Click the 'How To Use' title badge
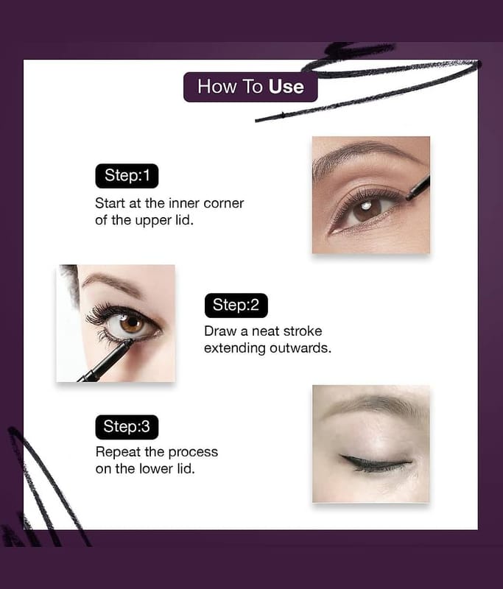[x=250, y=87]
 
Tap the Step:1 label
[x=127, y=176]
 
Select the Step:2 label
[x=236, y=305]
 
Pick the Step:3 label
[x=127, y=427]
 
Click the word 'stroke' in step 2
[x=303, y=331]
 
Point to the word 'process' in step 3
[x=193, y=453]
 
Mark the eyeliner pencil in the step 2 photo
[x=106, y=361]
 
